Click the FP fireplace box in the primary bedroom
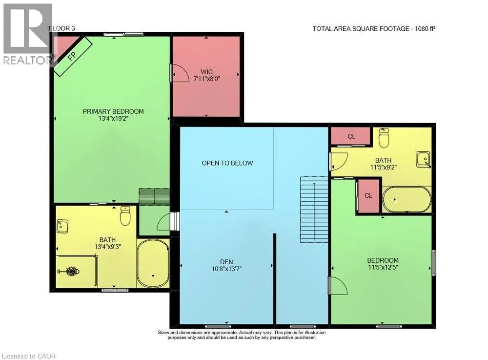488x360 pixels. pos(73,56)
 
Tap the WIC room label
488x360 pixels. pos(206,72)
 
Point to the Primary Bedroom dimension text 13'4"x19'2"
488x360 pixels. pos(113,118)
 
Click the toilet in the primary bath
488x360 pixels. pos(125,215)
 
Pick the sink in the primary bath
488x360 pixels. pos(62,226)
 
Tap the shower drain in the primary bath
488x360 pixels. pos(72,271)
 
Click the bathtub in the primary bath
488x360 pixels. pos(153,263)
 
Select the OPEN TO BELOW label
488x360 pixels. pos(227,163)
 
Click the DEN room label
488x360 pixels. pos(226,262)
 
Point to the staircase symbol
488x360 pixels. pos(314,210)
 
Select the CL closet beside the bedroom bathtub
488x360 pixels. pos(368,195)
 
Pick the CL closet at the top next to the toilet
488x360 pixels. pos(351,136)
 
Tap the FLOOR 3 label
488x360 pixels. pos(62,28)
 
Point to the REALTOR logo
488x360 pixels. pos(27,34)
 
